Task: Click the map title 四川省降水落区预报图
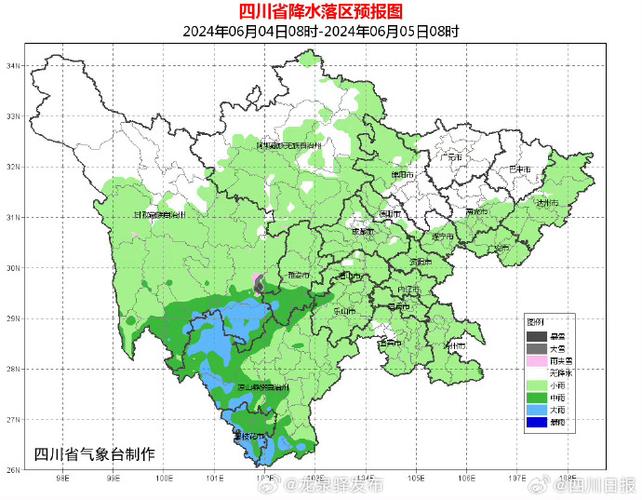tap(320, 11)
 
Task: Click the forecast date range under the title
tap(320, 31)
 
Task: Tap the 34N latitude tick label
tap(14, 65)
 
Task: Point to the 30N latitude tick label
tap(14, 268)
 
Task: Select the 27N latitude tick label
tap(14, 420)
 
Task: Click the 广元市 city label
tap(452, 158)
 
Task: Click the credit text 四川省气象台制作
tap(94, 453)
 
